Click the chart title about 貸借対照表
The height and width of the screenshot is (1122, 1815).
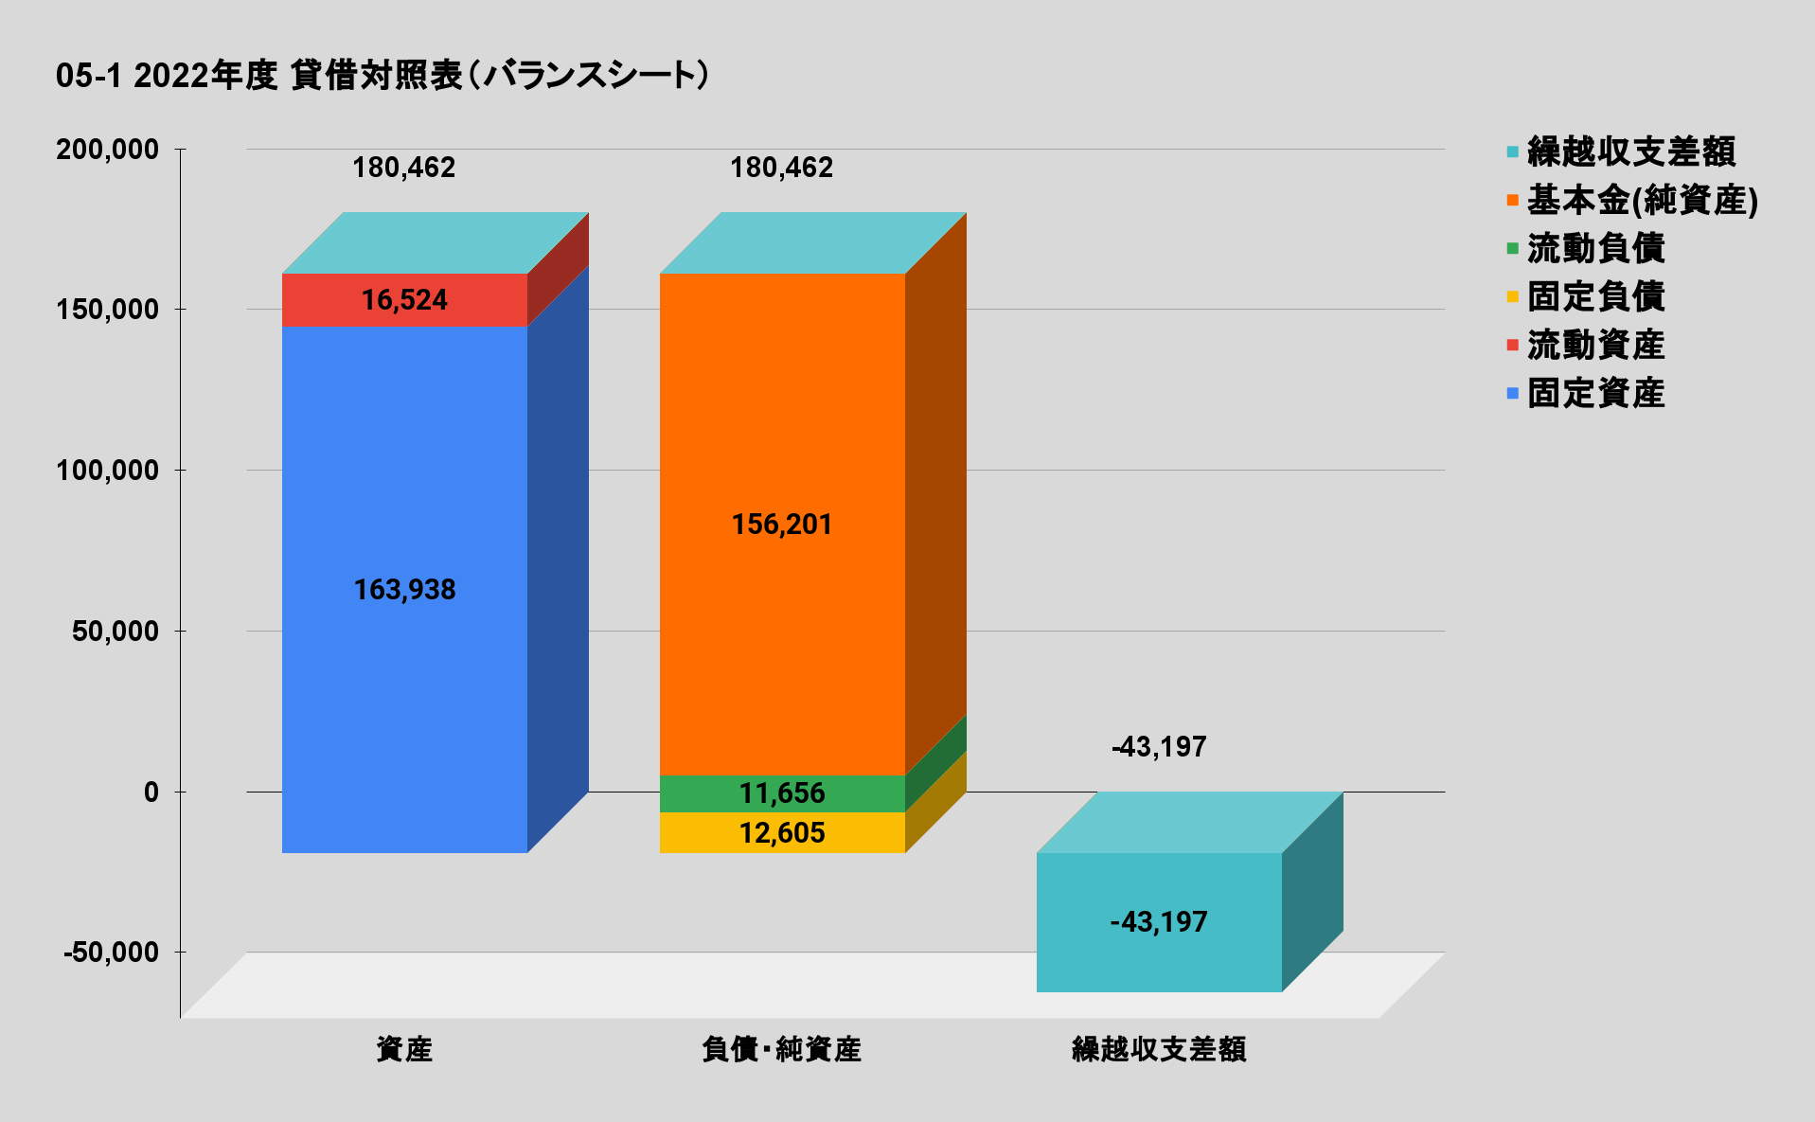(382, 76)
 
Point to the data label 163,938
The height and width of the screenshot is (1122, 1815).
(404, 590)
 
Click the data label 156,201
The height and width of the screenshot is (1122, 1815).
(782, 525)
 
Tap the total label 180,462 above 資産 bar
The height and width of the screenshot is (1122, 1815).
(404, 168)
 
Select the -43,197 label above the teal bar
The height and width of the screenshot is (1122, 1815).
(1159, 747)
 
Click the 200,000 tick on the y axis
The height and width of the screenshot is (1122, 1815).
(107, 150)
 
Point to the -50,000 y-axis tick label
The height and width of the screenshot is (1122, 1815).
(111, 953)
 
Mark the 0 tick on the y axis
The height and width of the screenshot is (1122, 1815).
(151, 792)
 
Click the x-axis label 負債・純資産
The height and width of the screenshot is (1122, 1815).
(782, 1049)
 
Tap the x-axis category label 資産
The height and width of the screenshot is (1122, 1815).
(404, 1049)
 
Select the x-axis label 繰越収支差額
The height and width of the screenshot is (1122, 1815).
(1159, 1049)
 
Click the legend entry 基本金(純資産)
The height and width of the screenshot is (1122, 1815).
(1642, 200)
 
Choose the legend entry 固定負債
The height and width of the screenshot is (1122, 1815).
(1595, 296)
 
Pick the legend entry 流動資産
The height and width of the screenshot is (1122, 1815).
(1595, 345)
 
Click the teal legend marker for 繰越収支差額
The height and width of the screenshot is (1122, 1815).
(1513, 151)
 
